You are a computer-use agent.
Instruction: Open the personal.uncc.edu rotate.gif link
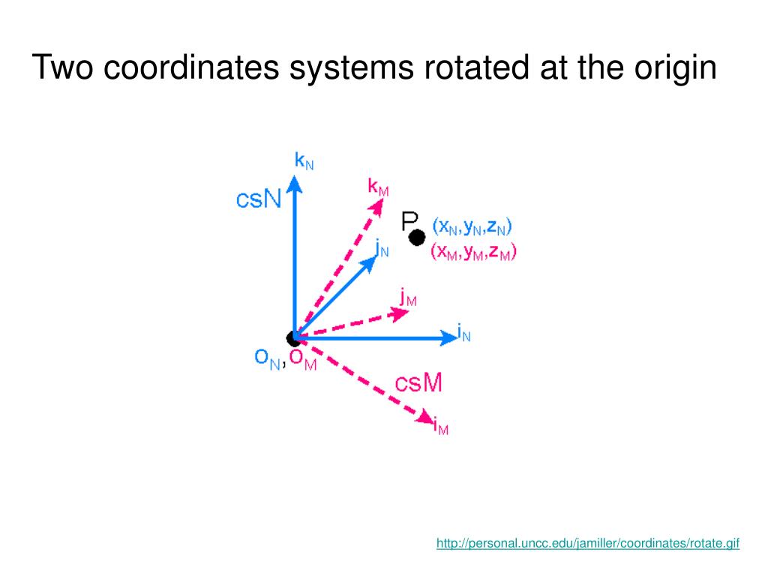(588, 544)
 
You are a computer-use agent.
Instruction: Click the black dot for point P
(417, 237)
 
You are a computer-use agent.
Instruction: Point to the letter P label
(410, 220)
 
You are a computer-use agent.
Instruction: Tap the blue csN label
(259, 199)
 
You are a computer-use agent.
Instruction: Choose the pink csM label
(418, 383)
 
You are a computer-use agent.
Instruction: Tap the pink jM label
(408, 298)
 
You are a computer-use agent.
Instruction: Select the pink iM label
(441, 428)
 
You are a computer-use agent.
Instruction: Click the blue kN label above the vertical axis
(304, 160)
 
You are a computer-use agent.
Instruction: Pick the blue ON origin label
(268, 360)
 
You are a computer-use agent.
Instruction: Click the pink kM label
(378, 187)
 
